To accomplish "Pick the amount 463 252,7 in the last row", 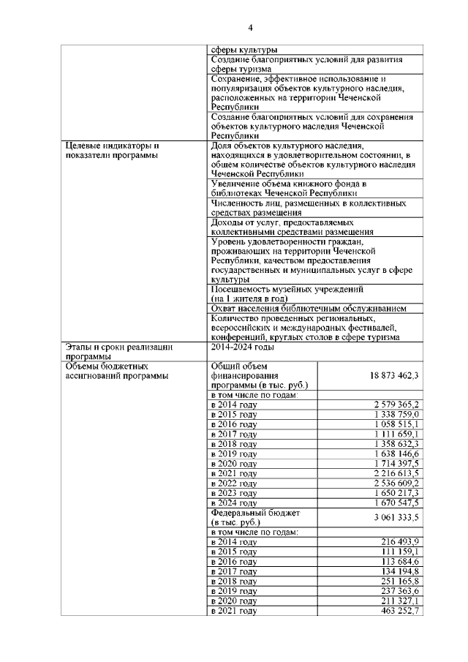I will point(400,610).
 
